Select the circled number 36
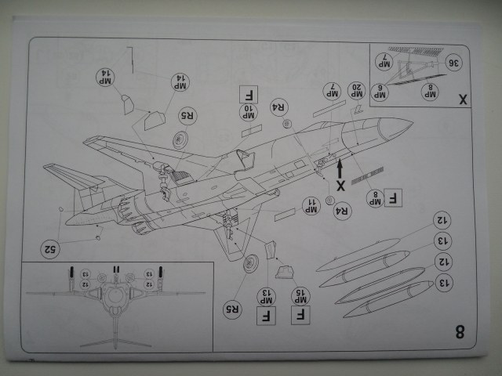[453, 62]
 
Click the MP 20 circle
[356, 91]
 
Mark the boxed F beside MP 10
[244, 95]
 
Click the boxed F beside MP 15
[300, 316]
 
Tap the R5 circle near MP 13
[232, 305]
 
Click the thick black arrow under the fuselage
[340, 168]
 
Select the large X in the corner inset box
[461, 99]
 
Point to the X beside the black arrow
[340, 186]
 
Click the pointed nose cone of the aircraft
[403, 125]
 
